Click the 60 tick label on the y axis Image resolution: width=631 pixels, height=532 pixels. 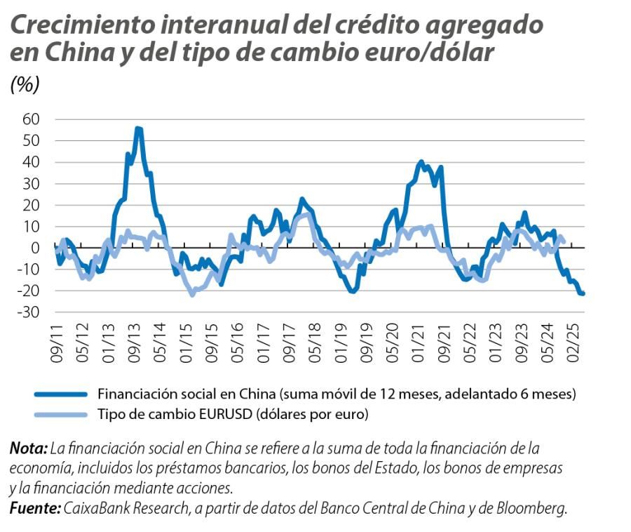coord(31,119)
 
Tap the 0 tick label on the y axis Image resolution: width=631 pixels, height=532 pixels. coord(37,248)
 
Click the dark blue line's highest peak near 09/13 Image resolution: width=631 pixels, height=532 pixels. coord(138,128)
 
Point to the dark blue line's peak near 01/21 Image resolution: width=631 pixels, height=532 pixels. coord(421,162)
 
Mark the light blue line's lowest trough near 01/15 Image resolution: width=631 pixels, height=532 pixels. coord(193,295)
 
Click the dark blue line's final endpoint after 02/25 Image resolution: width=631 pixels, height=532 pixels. coord(583,293)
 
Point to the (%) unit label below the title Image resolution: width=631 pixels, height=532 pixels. coord(25,85)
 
